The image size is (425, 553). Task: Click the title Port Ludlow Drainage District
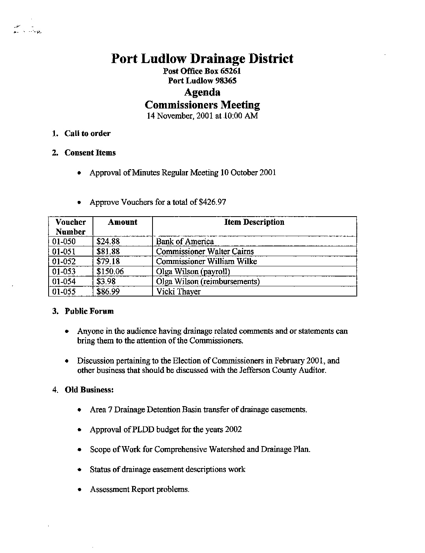click(202, 59)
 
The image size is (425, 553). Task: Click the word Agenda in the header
click(202, 92)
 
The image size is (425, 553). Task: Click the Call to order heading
click(87, 134)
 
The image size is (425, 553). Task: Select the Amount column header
click(122, 222)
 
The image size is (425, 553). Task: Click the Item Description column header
click(254, 222)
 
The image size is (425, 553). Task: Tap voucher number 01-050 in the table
click(64, 242)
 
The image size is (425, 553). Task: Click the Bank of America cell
click(185, 242)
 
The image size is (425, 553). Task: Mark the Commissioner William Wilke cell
click(206, 262)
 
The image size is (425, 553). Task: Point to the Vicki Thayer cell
click(178, 291)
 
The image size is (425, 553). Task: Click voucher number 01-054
click(64, 282)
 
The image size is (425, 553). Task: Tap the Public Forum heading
click(89, 311)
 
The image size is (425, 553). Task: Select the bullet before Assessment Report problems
click(80, 490)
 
